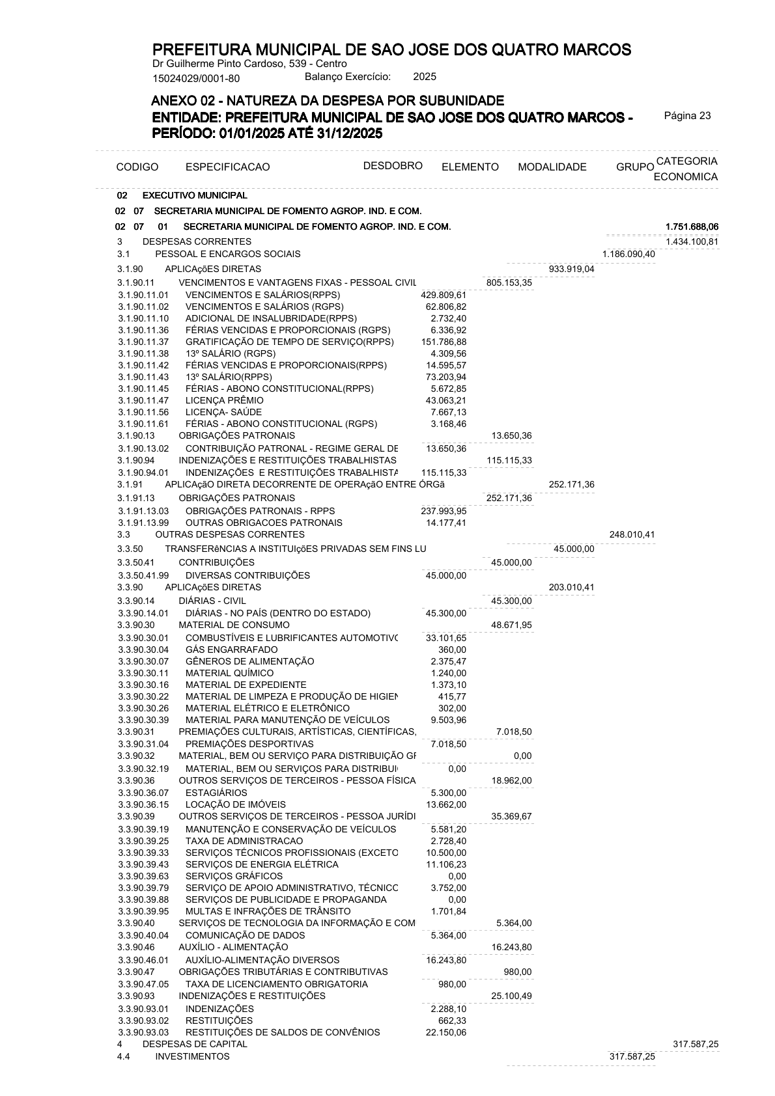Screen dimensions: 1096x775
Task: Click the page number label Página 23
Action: pyautogui.click(x=687, y=116)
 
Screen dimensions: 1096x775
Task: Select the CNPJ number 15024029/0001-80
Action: pyautogui.click(x=196, y=79)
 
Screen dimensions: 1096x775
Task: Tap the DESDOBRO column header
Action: pyautogui.click(x=393, y=165)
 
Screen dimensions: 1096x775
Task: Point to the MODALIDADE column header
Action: pyautogui.click(x=552, y=167)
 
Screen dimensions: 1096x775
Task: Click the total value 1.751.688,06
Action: pyautogui.click(x=692, y=226)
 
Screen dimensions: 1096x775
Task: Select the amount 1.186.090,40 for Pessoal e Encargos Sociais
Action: pyautogui.click(x=628, y=254)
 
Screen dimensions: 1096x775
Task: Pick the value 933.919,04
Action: pyautogui.click(x=572, y=269)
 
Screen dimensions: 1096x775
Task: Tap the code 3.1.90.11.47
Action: pyautogui.click(x=143, y=400)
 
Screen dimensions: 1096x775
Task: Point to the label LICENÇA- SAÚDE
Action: pyautogui.click(x=223, y=412)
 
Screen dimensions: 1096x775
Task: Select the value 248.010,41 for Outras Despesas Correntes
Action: pyautogui.click(x=632, y=535)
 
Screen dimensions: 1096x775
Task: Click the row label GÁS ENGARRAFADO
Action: pyautogui.click(x=231, y=650)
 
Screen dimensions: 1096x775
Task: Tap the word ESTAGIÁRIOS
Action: pyautogui.click(x=216, y=793)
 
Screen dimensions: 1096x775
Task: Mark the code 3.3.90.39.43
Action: pyautogui.click(x=143, y=864)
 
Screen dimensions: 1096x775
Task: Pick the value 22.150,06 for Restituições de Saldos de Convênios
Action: pyautogui.click(x=445, y=1032)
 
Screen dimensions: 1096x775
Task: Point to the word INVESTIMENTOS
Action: pyautogui.click(x=192, y=1056)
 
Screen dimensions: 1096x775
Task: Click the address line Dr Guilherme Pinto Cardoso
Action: pyautogui.click(x=249, y=64)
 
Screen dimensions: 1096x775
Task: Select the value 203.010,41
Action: pyautogui.click(x=572, y=587)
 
